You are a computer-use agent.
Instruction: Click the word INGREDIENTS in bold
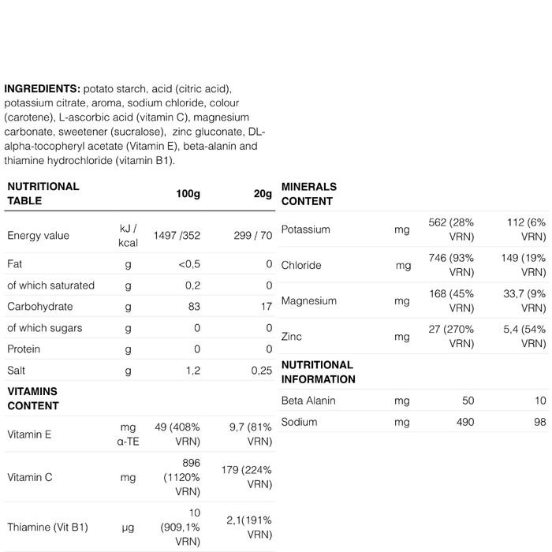click(41, 88)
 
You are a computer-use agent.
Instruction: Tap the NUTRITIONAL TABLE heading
click(43, 193)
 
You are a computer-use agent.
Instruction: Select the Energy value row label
click(38, 235)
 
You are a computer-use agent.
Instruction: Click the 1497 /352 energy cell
click(178, 235)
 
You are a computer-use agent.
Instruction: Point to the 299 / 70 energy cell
click(251, 235)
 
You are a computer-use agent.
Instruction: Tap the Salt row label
click(17, 370)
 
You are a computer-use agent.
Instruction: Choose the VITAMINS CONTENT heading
click(33, 398)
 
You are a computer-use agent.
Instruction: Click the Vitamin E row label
click(30, 434)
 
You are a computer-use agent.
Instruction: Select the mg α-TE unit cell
click(127, 434)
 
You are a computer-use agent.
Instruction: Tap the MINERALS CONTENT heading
click(308, 194)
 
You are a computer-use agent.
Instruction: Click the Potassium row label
click(305, 229)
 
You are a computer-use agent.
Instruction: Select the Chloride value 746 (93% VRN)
click(450, 265)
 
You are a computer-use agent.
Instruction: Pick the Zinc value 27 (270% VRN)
click(450, 337)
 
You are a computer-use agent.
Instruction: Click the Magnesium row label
click(308, 300)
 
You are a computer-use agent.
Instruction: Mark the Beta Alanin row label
click(308, 401)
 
